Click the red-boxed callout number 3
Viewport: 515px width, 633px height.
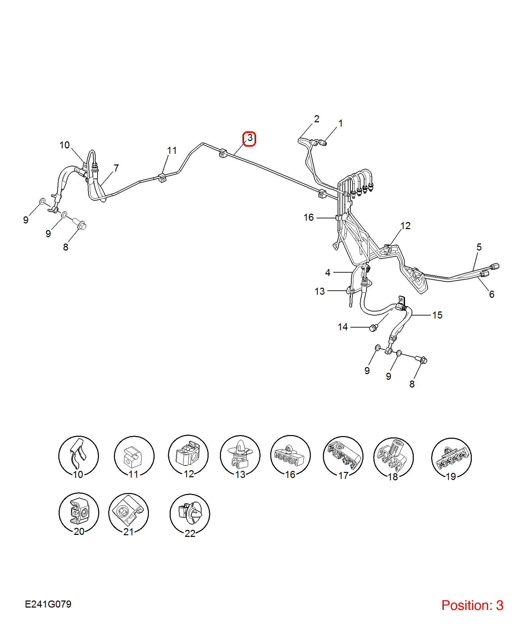coord(249,138)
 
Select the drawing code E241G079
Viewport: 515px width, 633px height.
coord(48,604)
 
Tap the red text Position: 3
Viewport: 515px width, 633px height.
coord(472,605)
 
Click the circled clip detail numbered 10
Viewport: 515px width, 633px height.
coord(78,456)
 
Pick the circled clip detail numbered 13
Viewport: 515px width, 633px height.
coord(240,455)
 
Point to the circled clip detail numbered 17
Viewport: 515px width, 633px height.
coord(343,456)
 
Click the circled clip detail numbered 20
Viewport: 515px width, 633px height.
coord(79,513)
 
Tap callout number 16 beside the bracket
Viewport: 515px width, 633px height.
coord(308,218)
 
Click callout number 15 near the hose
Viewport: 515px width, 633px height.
coord(437,315)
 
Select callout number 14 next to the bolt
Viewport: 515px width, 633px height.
coord(343,327)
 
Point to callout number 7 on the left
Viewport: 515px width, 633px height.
coord(116,168)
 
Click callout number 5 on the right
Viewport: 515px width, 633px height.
coord(479,247)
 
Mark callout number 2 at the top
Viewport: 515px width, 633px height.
coord(317,119)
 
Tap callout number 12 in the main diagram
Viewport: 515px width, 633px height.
coord(405,226)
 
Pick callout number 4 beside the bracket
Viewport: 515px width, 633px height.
coord(328,273)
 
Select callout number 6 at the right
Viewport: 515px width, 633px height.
coord(492,294)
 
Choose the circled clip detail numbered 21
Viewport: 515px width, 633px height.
coord(128,513)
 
